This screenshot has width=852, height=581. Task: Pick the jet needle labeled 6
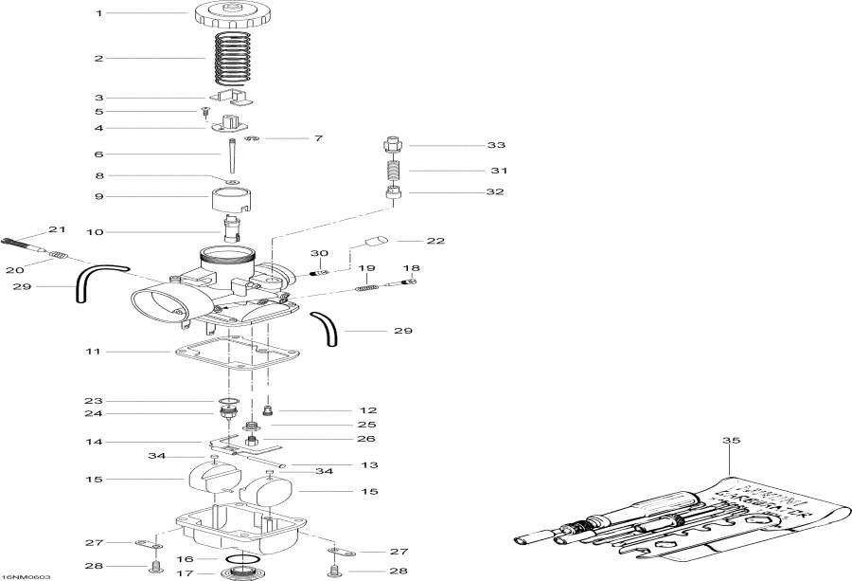230,154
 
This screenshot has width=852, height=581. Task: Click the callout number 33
496,146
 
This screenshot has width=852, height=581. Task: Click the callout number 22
435,241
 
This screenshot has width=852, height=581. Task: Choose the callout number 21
58,230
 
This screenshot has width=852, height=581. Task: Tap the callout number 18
412,268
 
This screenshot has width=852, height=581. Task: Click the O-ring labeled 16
244,559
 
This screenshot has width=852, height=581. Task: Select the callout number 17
186,572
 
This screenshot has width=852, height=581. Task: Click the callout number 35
730,441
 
